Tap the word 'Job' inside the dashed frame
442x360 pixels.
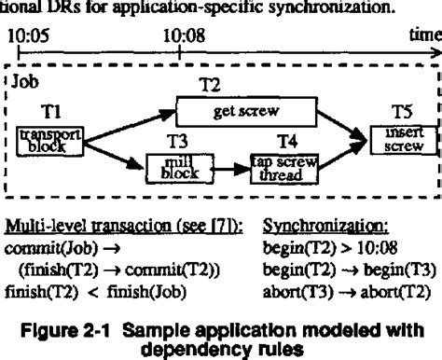pos(23,81)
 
